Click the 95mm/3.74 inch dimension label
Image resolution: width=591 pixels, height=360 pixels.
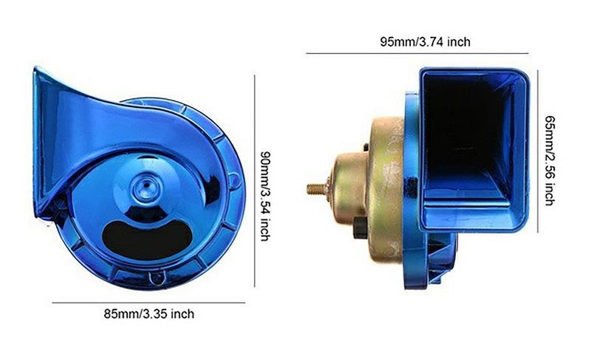(425, 42)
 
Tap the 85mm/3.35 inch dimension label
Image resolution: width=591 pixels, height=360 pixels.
(149, 314)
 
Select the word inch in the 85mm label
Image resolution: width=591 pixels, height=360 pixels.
(182, 314)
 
